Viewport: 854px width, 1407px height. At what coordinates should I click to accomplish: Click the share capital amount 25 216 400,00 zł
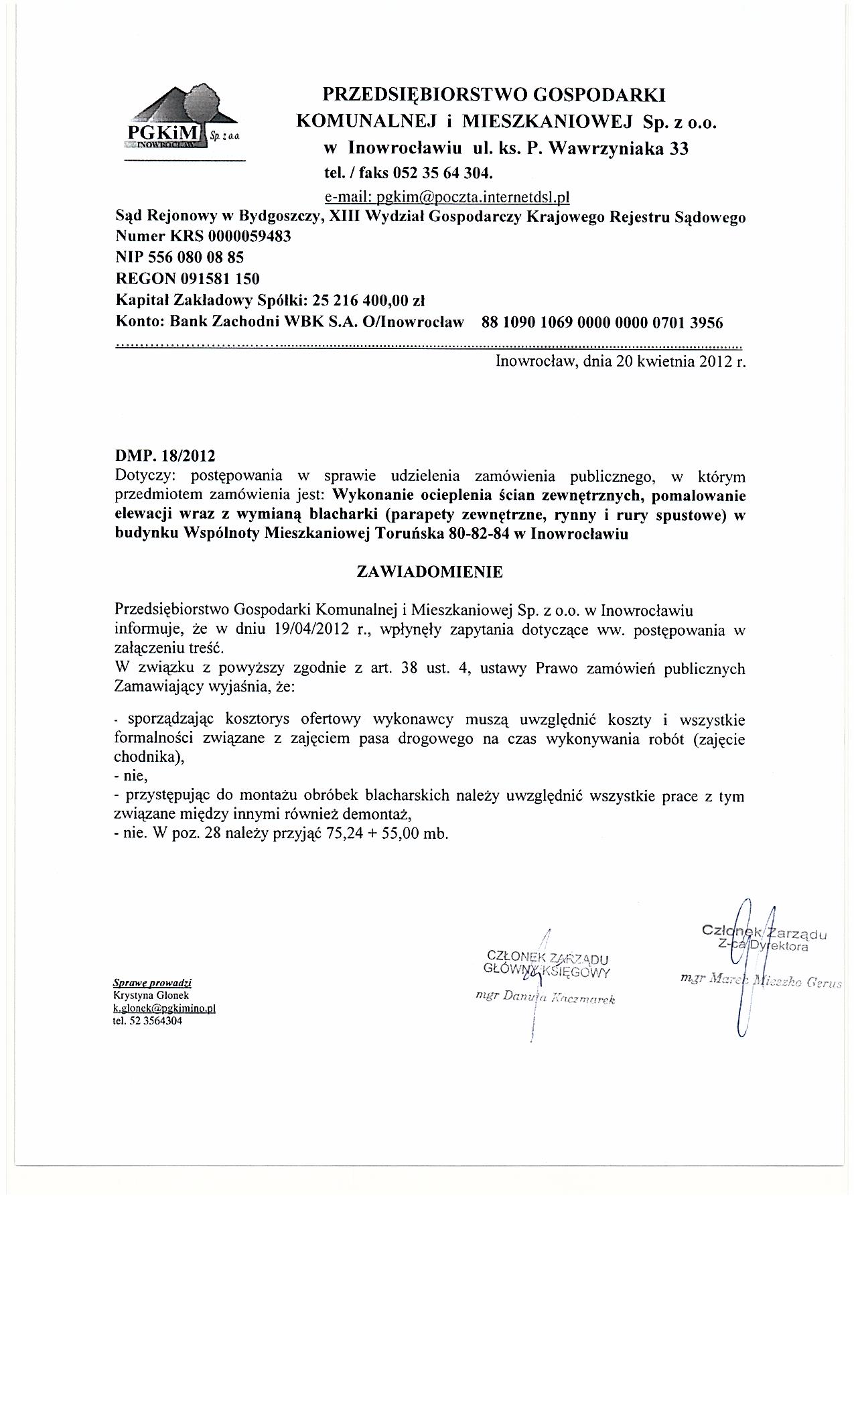click(x=374, y=300)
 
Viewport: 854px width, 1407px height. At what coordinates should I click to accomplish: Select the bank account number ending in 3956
click(x=602, y=323)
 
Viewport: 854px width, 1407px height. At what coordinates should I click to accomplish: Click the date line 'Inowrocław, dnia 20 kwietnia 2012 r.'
click(x=620, y=362)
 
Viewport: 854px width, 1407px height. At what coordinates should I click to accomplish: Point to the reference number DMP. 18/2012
click(x=165, y=456)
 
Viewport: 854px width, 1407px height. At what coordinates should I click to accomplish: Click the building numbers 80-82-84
click(x=474, y=535)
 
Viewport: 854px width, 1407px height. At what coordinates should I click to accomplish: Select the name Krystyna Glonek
click(x=151, y=996)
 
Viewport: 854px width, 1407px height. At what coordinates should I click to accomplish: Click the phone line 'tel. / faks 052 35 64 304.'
click(x=409, y=174)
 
